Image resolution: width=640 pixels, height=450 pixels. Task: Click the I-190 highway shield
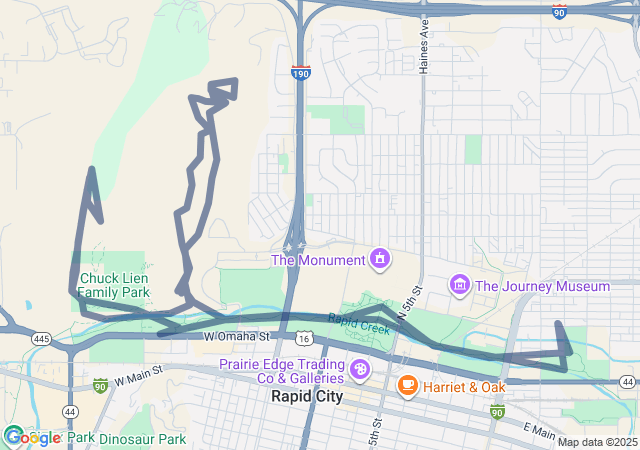tap(301, 73)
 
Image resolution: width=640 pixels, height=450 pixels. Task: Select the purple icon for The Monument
tap(380, 260)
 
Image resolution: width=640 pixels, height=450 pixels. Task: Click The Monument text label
tap(318, 261)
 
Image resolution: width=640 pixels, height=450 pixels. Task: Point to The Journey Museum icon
tap(460, 286)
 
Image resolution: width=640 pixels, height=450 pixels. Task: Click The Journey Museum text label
tap(542, 287)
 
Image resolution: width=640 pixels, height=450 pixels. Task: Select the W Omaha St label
tap(238, 338)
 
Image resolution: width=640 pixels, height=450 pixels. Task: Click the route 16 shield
tap(302, 341)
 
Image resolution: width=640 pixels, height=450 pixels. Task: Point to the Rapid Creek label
tap(358, 323)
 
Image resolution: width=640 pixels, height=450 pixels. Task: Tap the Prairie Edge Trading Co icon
tap(360, 371)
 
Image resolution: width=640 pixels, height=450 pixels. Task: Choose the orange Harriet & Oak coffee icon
tap(407, 385)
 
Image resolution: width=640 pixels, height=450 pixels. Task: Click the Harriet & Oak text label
tap(463, 386)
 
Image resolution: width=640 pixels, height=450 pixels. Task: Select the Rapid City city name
tap(306, 396)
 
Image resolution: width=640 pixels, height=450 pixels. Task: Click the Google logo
tap(32, 437)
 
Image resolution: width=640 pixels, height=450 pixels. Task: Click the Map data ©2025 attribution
tap(596, 442)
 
